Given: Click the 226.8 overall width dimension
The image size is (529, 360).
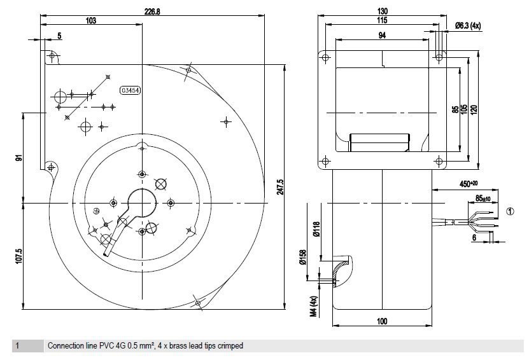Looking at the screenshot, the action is click(152, 11).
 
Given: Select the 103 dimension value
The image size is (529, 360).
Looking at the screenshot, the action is click(91, 21).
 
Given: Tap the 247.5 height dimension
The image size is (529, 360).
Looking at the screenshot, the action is click(280, 187).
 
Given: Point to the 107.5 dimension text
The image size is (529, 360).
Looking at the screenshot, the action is click(18, 256).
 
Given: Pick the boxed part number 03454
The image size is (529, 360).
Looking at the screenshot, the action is click(130, 90).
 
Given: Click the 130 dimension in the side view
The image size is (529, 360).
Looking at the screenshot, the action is click(382, 11).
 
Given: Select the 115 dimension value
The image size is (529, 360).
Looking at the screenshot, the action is click(382, 20).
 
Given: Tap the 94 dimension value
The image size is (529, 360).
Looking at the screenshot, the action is click(382, 36).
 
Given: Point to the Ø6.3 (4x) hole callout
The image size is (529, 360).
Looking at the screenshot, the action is click(468, 25).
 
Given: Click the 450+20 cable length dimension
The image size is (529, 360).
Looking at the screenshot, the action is click(469, 184).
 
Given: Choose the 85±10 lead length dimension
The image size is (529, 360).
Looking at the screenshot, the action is click(483, 198).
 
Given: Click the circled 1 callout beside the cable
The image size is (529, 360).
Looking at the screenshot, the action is click(511, 211).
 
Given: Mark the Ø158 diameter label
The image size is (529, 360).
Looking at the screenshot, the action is click(303, 257).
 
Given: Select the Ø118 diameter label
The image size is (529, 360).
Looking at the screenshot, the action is click(316, 229).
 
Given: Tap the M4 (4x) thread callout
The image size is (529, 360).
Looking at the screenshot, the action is click(314, 307).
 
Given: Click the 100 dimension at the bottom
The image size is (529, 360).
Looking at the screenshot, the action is click(382, 321).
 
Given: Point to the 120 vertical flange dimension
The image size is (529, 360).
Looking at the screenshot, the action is click(474, 109).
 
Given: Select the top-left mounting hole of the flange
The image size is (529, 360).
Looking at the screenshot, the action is click(325, 58).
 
